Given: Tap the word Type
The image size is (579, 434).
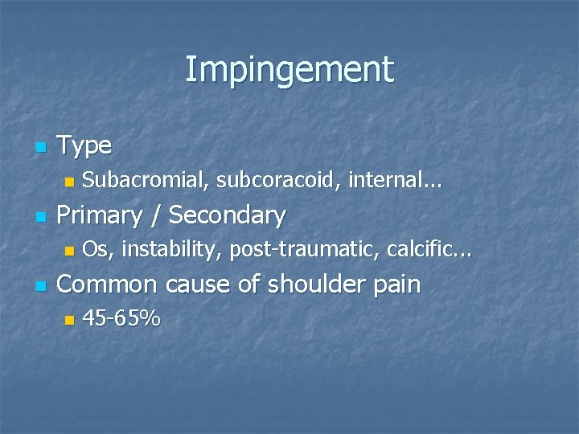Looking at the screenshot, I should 85,145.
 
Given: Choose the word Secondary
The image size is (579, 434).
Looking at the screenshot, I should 228,215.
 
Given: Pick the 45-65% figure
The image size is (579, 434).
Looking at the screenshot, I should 121,319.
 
